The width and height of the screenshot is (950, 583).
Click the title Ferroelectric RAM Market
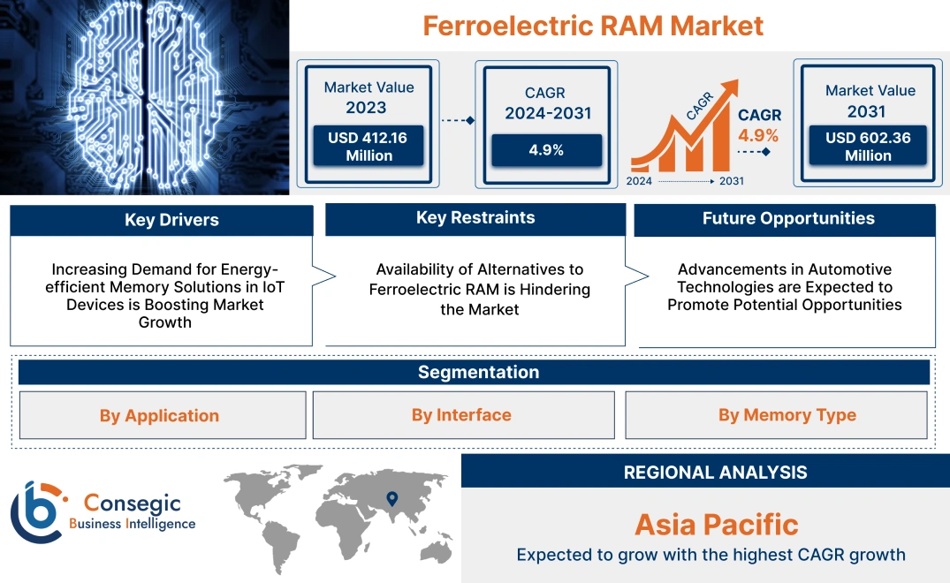[x=593, y=26]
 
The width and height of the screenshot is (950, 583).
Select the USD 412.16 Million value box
[x=369, y=146]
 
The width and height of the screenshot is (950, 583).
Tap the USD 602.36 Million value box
[x=868, y=146]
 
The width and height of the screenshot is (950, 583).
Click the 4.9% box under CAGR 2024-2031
[x=546, y=150]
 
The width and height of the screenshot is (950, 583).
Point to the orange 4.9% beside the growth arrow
[x=758, y=135]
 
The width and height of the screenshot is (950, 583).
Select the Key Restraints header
[x=475, y=218]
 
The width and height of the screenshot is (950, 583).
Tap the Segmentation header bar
[x=478, y=372]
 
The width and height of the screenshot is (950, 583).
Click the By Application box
[x=159, y=415]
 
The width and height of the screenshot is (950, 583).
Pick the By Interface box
[x=461, y=415]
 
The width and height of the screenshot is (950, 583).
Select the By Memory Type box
[x=787, y=415]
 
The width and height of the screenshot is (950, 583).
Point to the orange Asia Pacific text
[x=716, y=525]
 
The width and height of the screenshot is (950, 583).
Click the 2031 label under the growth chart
[x=731, y=181]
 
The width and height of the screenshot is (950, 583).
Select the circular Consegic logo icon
[x=36, y=511]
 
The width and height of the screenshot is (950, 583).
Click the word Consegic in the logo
[x=133, y=503]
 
